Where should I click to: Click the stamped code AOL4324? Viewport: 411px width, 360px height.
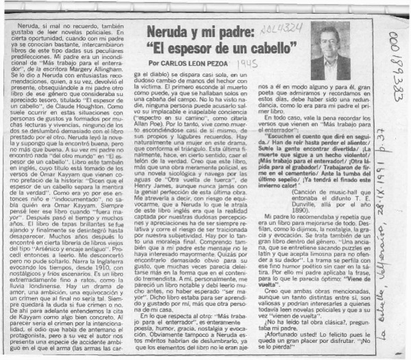point(280,14)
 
